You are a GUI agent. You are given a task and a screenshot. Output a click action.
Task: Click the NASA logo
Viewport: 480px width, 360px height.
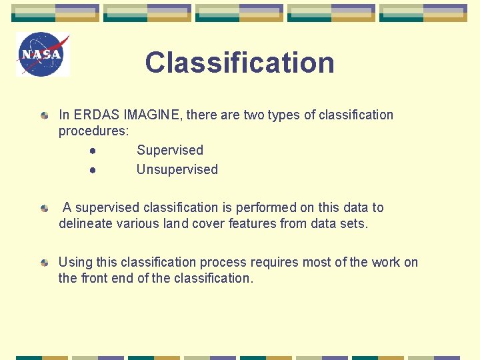43,55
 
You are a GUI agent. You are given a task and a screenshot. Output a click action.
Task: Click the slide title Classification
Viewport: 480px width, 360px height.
239,63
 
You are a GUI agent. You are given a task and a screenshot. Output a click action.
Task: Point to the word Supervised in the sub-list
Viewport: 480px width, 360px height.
169,150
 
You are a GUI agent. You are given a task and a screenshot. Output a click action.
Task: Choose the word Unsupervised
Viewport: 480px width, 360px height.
177,169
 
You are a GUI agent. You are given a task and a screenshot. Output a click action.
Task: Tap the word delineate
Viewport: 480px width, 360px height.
85,223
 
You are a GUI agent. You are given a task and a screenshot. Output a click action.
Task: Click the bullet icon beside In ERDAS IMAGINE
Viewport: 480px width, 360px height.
44,115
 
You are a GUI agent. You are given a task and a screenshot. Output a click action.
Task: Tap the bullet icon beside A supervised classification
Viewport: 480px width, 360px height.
44,208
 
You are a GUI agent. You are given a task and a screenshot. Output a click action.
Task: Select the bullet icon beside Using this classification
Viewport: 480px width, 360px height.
44,263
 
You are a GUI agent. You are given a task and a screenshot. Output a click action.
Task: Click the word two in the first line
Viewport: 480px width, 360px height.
254,115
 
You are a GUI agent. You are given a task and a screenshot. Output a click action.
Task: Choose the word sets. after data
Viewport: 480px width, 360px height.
354,223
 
